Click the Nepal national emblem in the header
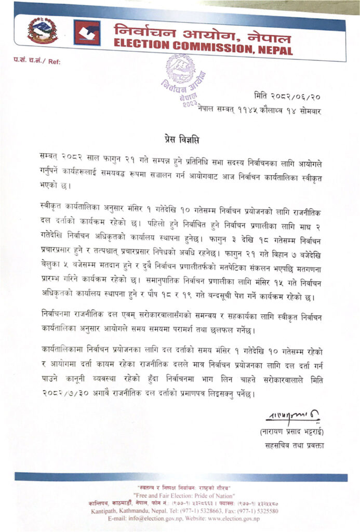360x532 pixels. [42, 31]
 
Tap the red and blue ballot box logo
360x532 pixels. [87, 33]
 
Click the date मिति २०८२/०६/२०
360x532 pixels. [288, 96]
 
